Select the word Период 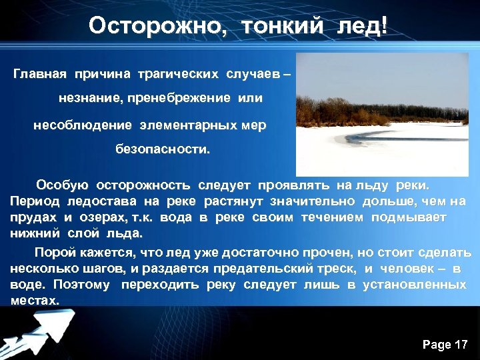pyautogui.click(x=33, y=201)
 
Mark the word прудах pyautogui.click(x=33, y=217)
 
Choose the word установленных pyautogui.click(x=414, y=285)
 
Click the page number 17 pyautogui.click(x=461, y=345)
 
